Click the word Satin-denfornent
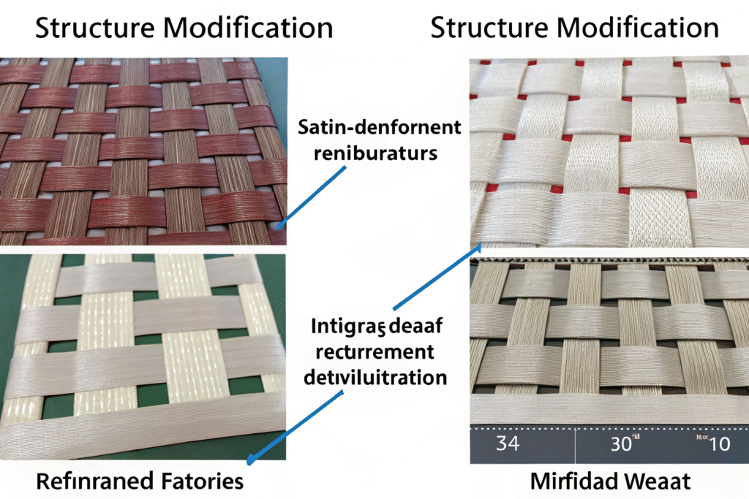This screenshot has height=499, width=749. pos(380,129)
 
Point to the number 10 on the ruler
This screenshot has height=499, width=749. pos(720,443)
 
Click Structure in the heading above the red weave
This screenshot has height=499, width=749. pos(86,28)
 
